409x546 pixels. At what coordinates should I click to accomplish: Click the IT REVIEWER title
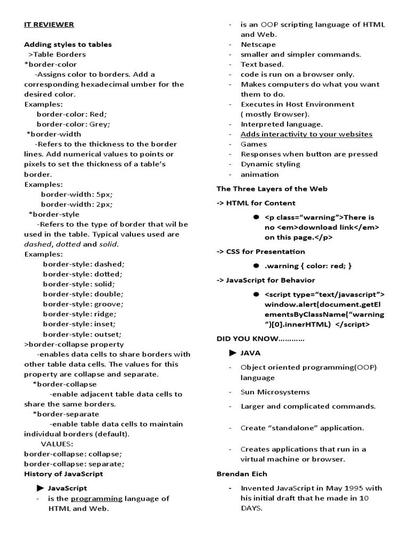coord(49,25)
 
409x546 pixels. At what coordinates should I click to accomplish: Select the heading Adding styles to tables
coord(68,44)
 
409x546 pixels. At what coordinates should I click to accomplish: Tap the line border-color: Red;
coord(71,114)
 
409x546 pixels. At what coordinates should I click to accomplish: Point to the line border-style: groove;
coord(83,304)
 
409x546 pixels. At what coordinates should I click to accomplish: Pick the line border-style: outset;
coord(83,334)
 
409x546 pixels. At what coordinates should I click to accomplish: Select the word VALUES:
coord(57,444)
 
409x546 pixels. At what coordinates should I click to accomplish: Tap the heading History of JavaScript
coord(63,473)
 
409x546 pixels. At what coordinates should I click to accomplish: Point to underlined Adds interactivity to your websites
coord(306,134)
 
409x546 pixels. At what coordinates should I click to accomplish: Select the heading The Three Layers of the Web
coord(272,189)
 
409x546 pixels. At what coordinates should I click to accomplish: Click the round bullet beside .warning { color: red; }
coord(256,266)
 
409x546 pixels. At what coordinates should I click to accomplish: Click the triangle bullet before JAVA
coord(232,353)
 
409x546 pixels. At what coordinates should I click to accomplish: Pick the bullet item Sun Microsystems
coord(275,392)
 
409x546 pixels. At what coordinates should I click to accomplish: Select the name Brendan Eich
coord(242,473)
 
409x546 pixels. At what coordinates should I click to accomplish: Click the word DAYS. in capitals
coord(251,508)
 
